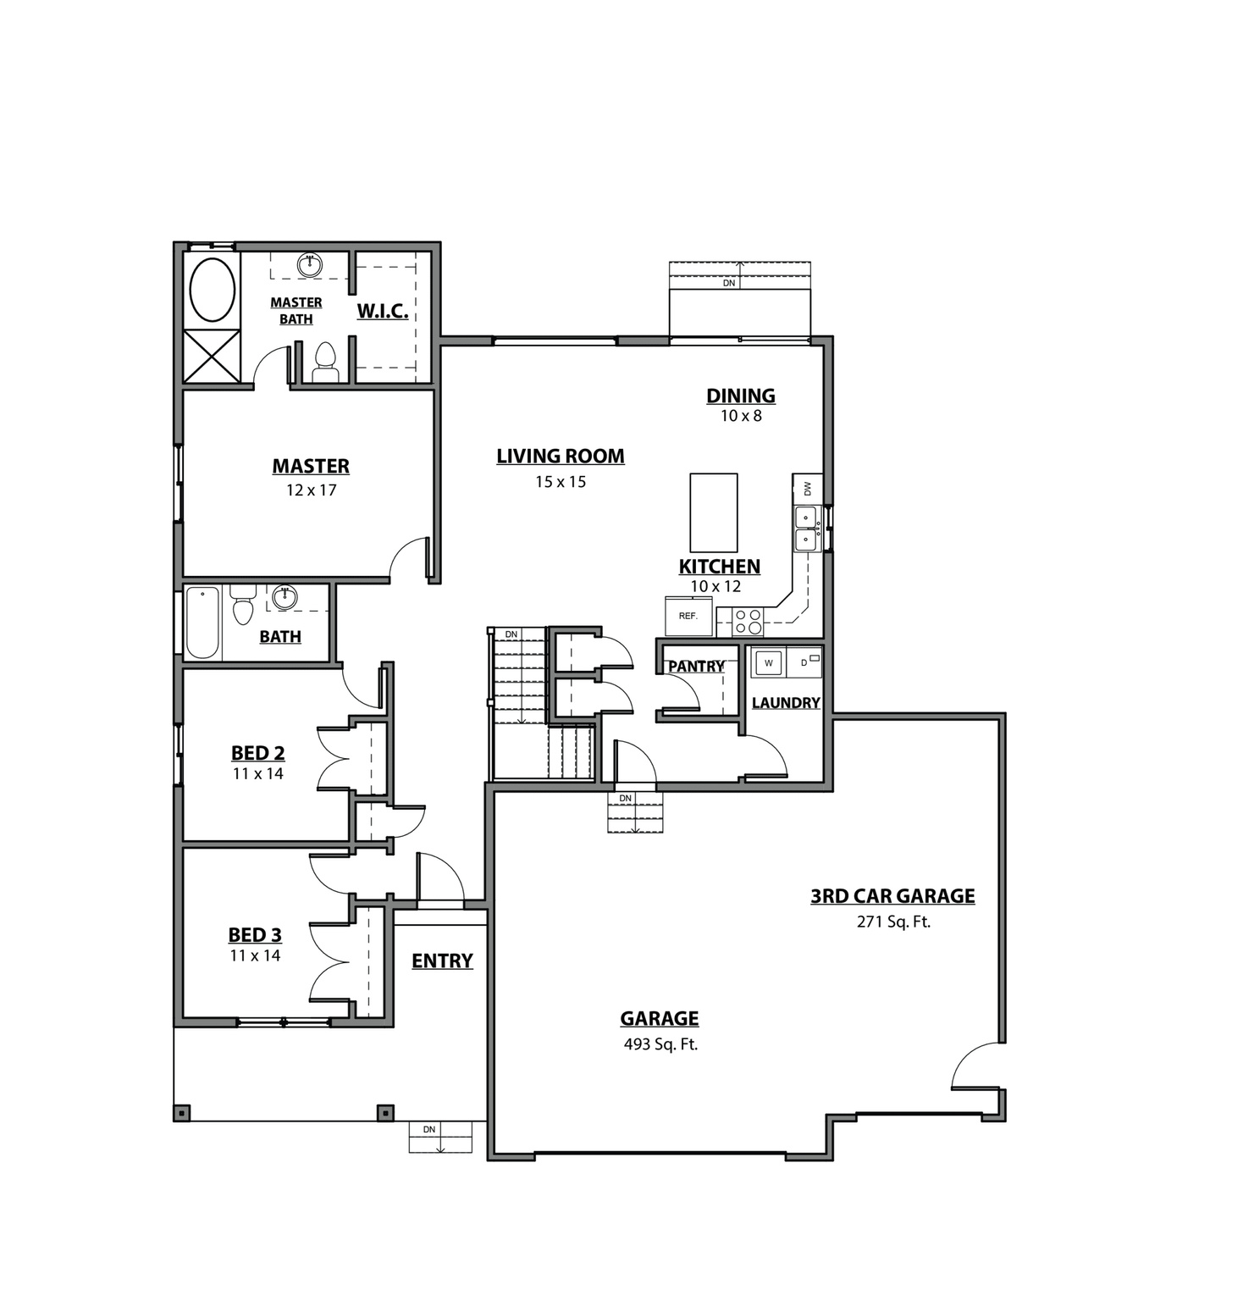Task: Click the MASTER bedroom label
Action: (311, 466)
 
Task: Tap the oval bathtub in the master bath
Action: (213, 290)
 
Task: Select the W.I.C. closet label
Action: (383, 311)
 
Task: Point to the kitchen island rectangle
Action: (713, 512)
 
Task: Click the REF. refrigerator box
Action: (688, 616)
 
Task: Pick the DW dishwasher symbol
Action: (807, 488)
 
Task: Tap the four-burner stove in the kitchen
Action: (748, 623)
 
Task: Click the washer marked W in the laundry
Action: (768, 662)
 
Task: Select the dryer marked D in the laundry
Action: (804, 662)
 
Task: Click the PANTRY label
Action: (696, 667)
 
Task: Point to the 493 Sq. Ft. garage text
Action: (660, 1044)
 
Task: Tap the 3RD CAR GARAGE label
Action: (892, 896)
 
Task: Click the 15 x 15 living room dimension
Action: (561, 482)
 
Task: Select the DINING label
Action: (741, 396)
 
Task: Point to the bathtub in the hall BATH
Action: (203, 623)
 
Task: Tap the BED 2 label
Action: (257, 753)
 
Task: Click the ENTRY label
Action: (442, 961)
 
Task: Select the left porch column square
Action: (182, 1112)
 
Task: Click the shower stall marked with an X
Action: (212, 356)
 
